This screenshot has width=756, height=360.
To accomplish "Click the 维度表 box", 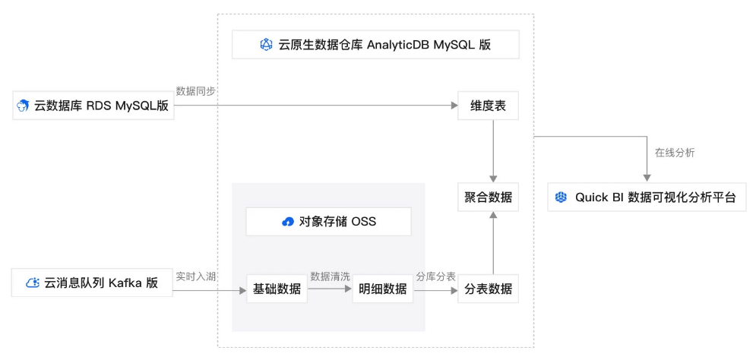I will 489,106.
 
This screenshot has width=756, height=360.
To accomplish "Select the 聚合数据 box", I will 489,197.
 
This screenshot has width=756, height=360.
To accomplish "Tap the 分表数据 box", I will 489,289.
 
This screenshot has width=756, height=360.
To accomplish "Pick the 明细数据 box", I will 382,289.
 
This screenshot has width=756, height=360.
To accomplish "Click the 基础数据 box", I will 276,289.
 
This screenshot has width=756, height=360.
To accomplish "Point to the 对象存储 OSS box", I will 328,222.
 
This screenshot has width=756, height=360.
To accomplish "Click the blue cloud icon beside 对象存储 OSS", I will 288,222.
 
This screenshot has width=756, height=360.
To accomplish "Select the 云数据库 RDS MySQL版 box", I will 93,106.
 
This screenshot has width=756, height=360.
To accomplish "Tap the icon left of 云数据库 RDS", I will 24,106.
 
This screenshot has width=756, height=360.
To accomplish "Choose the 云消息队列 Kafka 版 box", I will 92,283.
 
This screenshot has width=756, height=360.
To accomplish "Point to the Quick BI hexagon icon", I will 561,197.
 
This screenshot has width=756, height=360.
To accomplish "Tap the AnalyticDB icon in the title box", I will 266,45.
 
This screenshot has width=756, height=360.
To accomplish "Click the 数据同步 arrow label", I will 196,91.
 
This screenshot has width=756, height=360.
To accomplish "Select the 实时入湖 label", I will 196,276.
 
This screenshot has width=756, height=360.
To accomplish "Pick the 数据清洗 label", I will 330,276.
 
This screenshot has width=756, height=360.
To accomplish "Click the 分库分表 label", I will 435,276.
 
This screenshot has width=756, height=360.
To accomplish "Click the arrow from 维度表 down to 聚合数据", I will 494,150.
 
